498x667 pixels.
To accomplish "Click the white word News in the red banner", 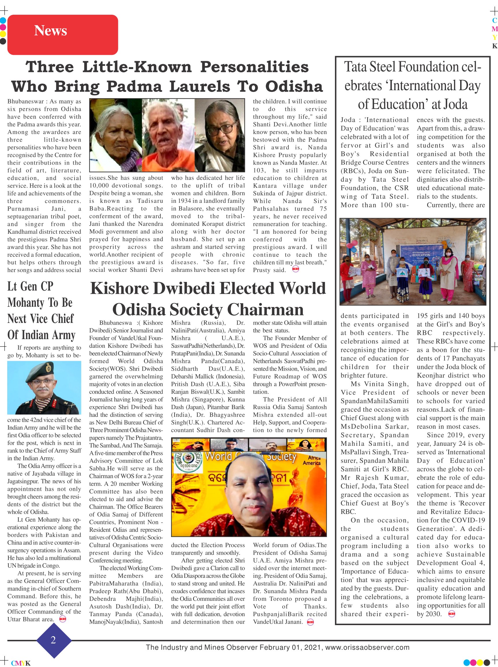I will point(50,31).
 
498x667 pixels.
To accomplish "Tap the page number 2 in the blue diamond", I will point(53,640).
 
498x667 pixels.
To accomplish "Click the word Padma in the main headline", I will point(134,87).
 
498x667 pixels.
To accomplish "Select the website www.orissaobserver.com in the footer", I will point(367,647).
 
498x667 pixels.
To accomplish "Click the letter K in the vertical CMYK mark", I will point(494,46).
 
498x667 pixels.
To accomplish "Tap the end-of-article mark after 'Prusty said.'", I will point(295,269).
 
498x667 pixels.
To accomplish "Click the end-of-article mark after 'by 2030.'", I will point(451,614).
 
